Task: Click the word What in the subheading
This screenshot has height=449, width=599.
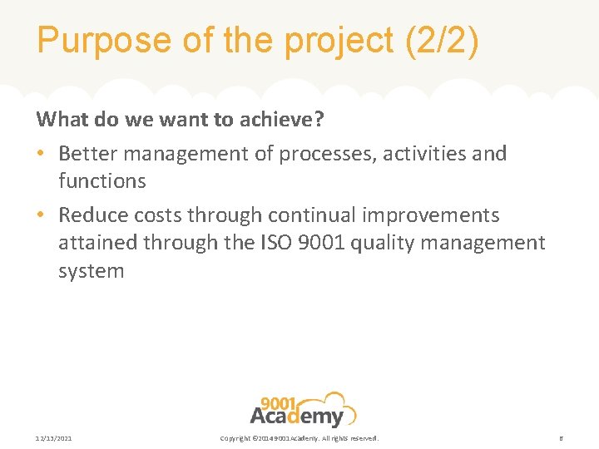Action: point(63,120)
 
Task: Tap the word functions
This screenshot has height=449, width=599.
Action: point(101,181)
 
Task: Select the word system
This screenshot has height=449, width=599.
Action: point(91,272)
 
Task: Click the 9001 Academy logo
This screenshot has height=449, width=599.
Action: point(302,409)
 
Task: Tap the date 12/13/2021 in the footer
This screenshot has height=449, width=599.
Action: point(54,438)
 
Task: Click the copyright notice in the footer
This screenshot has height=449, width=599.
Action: point(299,438)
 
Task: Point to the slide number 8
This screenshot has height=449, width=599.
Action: point(561,438)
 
